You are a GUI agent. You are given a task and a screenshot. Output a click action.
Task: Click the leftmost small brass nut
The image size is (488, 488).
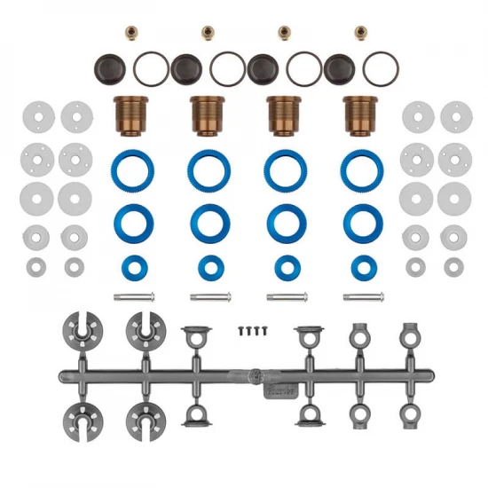[x=131, y=32]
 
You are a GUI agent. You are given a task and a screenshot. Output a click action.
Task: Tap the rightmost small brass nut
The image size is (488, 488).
[x=360, y=32]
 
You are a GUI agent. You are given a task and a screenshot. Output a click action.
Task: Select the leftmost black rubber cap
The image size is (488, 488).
[x=111, y=67]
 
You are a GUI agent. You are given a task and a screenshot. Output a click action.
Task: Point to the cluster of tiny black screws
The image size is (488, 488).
[x=252, y=329]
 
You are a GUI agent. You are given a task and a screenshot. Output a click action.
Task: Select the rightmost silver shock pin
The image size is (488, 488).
[x=360, y=296]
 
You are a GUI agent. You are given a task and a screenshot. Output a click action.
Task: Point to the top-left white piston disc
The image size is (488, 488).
[x=36, y=114]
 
